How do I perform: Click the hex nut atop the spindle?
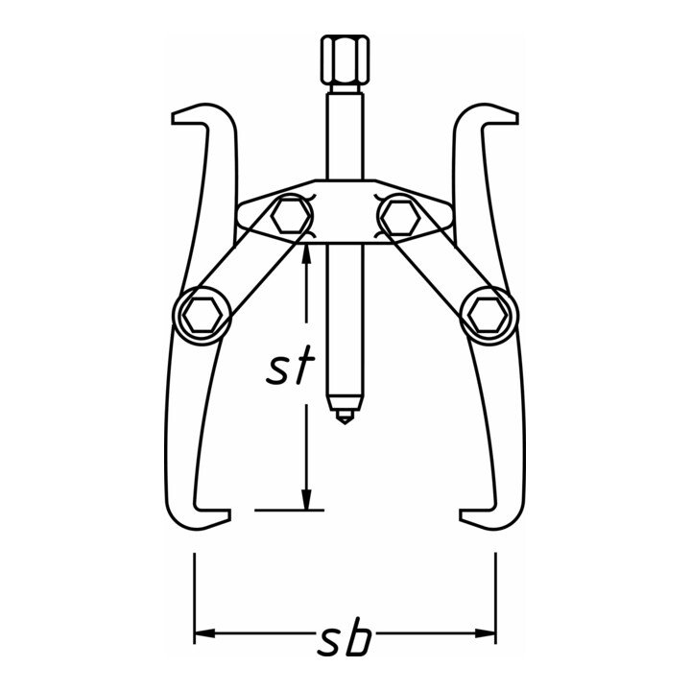pos(345,60)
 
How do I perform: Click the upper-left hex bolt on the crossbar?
pos(290,216)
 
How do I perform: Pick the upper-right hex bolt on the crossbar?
pos(400,216)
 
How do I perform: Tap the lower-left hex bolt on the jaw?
pos(203,315)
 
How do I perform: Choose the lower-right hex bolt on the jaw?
pos(488,315)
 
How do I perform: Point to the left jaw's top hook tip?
pos(173,119)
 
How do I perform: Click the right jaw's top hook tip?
pos(517,119)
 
